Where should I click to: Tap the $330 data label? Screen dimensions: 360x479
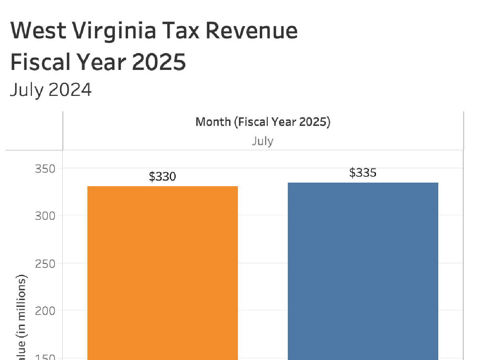[162, 177]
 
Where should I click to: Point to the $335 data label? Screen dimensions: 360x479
[363, 173]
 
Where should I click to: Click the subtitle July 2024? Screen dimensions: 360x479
[51, 90]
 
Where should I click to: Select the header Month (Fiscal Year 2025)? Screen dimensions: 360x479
[263, 122]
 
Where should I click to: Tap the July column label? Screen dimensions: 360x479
[263, 141]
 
